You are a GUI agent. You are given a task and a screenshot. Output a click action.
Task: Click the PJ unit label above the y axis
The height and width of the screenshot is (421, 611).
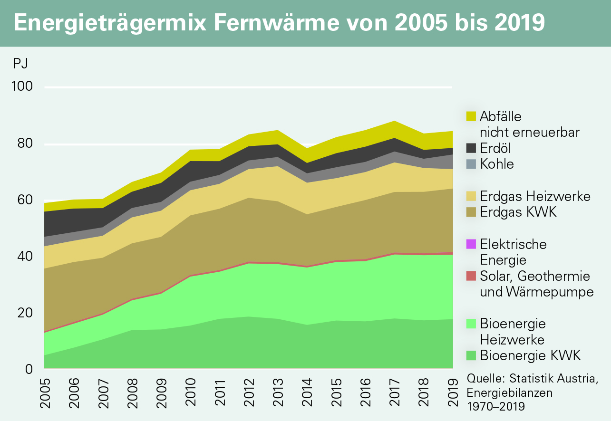pyautogui.click(x=20, y=63)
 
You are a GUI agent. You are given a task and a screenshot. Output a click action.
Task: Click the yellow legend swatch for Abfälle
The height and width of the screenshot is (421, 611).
pyautogui.click(x=471, y=116)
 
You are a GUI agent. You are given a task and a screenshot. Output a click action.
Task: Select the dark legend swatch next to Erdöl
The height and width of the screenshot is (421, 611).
pyautogui.click(x=471, y=148)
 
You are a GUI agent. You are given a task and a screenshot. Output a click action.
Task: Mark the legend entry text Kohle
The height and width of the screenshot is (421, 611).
pyautogui.click(x=497, y=164)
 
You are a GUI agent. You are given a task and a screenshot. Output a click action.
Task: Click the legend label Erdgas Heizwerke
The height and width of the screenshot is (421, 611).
pyautogui.click(x=535, y=196)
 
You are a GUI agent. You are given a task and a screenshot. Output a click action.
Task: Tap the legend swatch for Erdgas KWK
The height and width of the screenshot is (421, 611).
pyautogui.click(x=471, y=212)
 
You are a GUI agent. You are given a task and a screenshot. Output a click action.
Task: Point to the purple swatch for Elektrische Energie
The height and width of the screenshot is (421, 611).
pyautogui.click(x=471, y=244)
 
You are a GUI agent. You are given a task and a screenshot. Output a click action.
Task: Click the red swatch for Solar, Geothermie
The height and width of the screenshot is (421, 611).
pyautogui.click(x=471, y=276)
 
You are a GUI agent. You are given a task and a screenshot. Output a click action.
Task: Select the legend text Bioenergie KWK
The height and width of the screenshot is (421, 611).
pyautogui.click(x=531, y=355)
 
